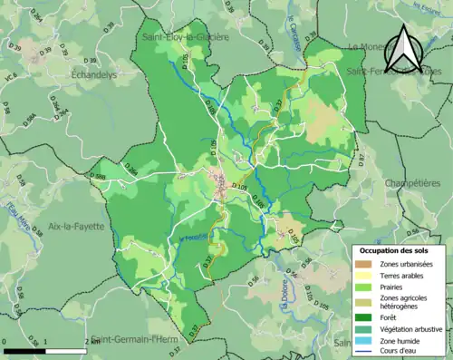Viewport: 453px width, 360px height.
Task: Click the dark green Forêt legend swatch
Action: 361,316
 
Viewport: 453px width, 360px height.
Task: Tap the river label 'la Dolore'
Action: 285,318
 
